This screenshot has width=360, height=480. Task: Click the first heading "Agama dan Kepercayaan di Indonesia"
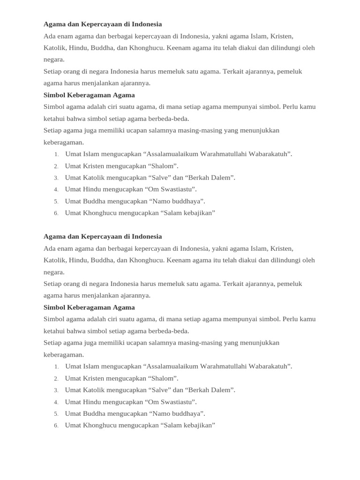click(103, 24)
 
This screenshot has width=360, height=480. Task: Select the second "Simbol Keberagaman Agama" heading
click(89, 307)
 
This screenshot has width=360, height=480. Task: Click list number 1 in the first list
click(56, 154)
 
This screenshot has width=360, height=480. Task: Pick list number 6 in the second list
click(56, 426)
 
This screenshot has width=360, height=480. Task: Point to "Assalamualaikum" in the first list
click(172, 154)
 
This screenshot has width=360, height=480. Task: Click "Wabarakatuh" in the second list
click(269, 367)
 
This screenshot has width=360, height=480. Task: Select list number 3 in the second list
click(56, 390)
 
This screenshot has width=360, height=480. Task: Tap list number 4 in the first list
click(56, 190)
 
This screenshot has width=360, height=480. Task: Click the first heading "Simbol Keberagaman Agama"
click(89, 95)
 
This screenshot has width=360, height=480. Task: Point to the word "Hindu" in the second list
click(92, 402)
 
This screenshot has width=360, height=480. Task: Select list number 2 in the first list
click(56, 166)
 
